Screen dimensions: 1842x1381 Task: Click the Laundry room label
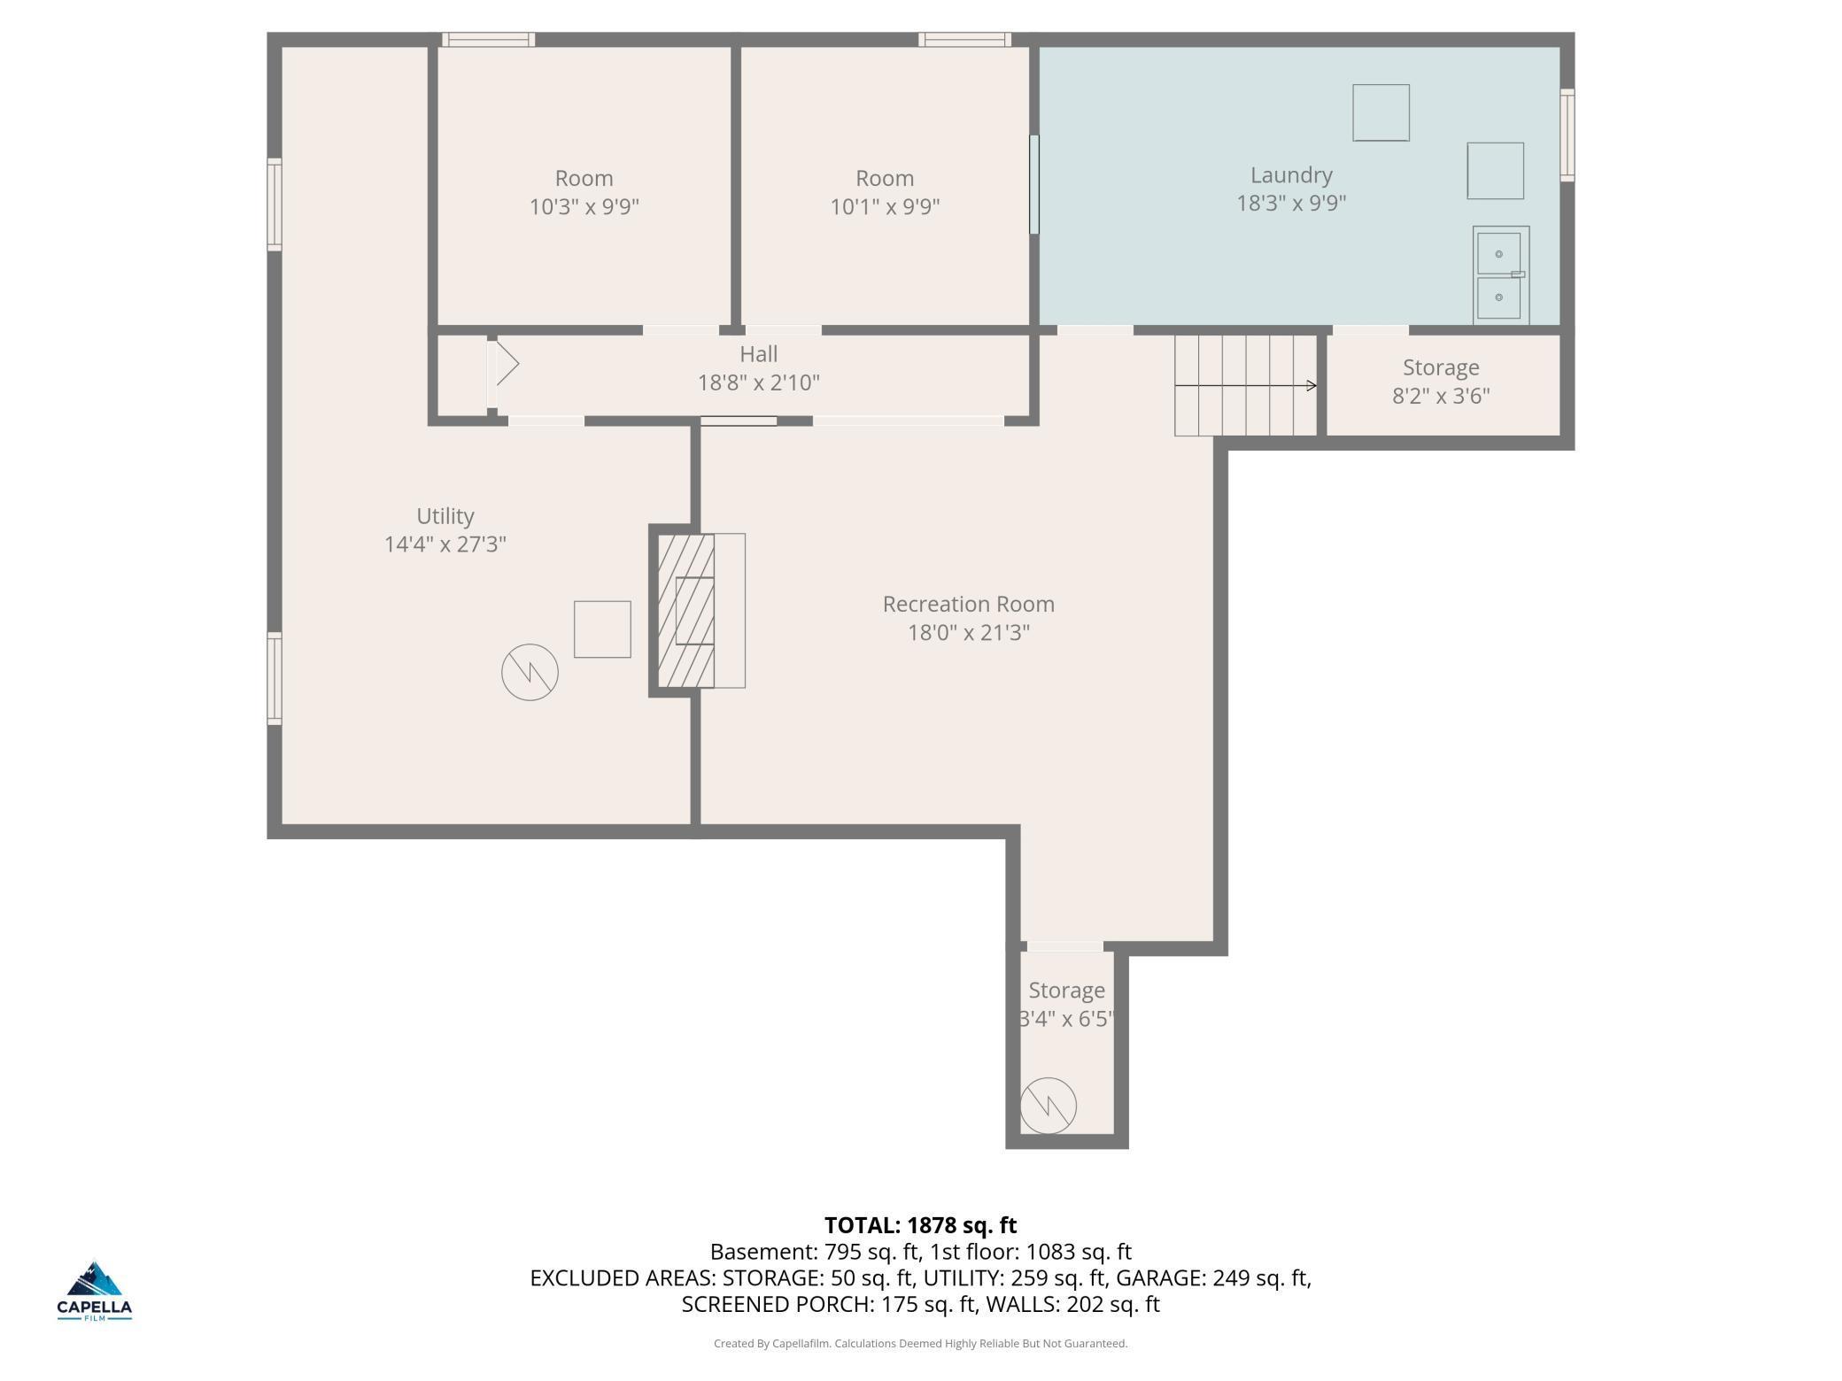click(x=1291, y=175)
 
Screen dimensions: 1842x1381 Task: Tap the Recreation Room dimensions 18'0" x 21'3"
click(x=969, y=632)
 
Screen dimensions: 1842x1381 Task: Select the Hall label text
click(x=759, y=354)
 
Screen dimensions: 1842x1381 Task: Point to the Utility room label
click(x=445, y=516)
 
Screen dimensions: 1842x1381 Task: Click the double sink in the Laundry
click(x=1501, y=275)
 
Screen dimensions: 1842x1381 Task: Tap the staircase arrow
click(x=1246, y=385)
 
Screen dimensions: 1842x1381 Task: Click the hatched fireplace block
click(x=685, y=610)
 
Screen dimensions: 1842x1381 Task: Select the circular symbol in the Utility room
click(x=530, y=672)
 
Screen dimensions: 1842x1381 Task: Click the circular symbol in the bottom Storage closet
click(x=1049, y=1106)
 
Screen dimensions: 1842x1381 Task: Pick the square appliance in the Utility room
click(x=602, y=629)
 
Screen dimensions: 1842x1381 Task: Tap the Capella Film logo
click(x=95, y=1291)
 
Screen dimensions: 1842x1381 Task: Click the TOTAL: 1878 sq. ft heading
click(x=921, y=1225)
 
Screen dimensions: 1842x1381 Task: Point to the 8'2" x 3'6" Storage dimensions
click(x=1441, y=395)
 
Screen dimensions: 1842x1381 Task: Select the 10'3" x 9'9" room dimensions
click(x=584, y=206)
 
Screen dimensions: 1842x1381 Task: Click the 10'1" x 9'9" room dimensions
click(x=885, y=206)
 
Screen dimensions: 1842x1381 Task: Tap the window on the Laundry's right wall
click(x=1567, y=135)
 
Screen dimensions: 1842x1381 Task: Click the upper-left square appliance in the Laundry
click(x=1381, y=112)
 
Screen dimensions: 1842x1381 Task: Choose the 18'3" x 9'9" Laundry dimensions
click(x=1291, y=203)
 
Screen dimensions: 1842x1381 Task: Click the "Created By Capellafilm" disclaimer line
click(x=921, y=1343)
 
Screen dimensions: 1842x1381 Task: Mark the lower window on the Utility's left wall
click(x=275, y=679)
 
